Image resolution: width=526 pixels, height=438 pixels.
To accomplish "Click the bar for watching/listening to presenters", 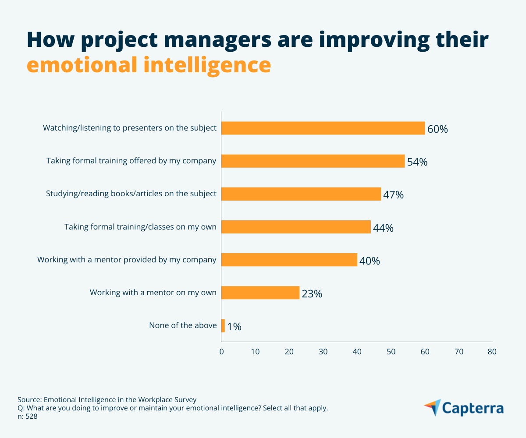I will point(323,128).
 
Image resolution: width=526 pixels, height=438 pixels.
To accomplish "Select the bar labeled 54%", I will point(313,161).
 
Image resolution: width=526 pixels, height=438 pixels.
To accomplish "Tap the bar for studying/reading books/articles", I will point(301,194).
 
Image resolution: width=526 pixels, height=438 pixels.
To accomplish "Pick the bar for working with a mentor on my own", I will point(260,293).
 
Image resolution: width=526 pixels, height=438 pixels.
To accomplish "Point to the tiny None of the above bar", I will point(223,325).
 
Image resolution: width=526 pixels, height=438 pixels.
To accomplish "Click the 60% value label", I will point(437,129).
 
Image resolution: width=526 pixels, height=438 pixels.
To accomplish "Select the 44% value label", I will point(383,228).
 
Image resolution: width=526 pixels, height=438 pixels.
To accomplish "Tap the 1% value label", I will point(234,327).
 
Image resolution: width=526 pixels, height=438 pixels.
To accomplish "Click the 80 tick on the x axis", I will point(492,351).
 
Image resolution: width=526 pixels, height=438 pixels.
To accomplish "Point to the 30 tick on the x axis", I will point(323,351).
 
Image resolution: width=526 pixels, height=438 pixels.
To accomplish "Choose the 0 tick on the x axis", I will point(222,351).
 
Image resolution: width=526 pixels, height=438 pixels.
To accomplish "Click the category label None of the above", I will point(183,325).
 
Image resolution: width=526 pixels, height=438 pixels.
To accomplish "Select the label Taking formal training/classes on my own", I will point(140,226).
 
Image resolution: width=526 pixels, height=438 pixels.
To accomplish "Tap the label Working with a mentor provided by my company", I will point(127,259).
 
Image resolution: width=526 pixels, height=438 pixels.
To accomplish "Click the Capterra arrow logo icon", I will point(432,407).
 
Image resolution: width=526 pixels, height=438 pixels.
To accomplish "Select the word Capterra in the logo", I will point(473,408).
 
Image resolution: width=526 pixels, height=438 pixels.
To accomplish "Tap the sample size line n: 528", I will point(28,417).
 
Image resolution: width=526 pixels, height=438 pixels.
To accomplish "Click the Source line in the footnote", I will point(107,399).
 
